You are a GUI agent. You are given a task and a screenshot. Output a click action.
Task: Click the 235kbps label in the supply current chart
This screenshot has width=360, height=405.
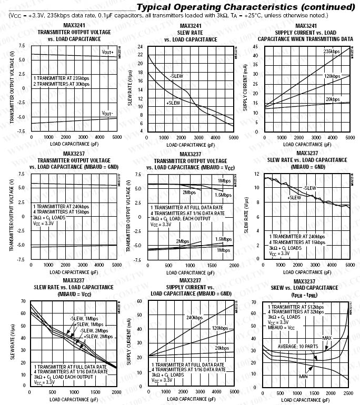[332, 51]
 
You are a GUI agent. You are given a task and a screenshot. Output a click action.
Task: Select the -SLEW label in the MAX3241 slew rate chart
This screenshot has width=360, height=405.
[177, 76]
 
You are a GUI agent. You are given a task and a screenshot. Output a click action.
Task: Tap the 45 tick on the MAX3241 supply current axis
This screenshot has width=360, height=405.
[255, 46]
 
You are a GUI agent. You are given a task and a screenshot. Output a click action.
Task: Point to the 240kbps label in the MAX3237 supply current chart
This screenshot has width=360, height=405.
[194, 317]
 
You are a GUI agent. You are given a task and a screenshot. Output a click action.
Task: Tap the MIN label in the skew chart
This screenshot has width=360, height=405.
[304, 377]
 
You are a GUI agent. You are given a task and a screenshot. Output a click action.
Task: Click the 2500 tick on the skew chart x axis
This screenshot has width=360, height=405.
[348, 393]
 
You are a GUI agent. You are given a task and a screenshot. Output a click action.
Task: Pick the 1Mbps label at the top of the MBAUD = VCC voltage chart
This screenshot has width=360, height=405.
[224, 180]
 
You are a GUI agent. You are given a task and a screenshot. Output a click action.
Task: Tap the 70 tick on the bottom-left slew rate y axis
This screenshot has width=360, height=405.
[24, 301]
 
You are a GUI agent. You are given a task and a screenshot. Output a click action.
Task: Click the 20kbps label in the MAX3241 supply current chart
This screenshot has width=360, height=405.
[332, 99]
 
